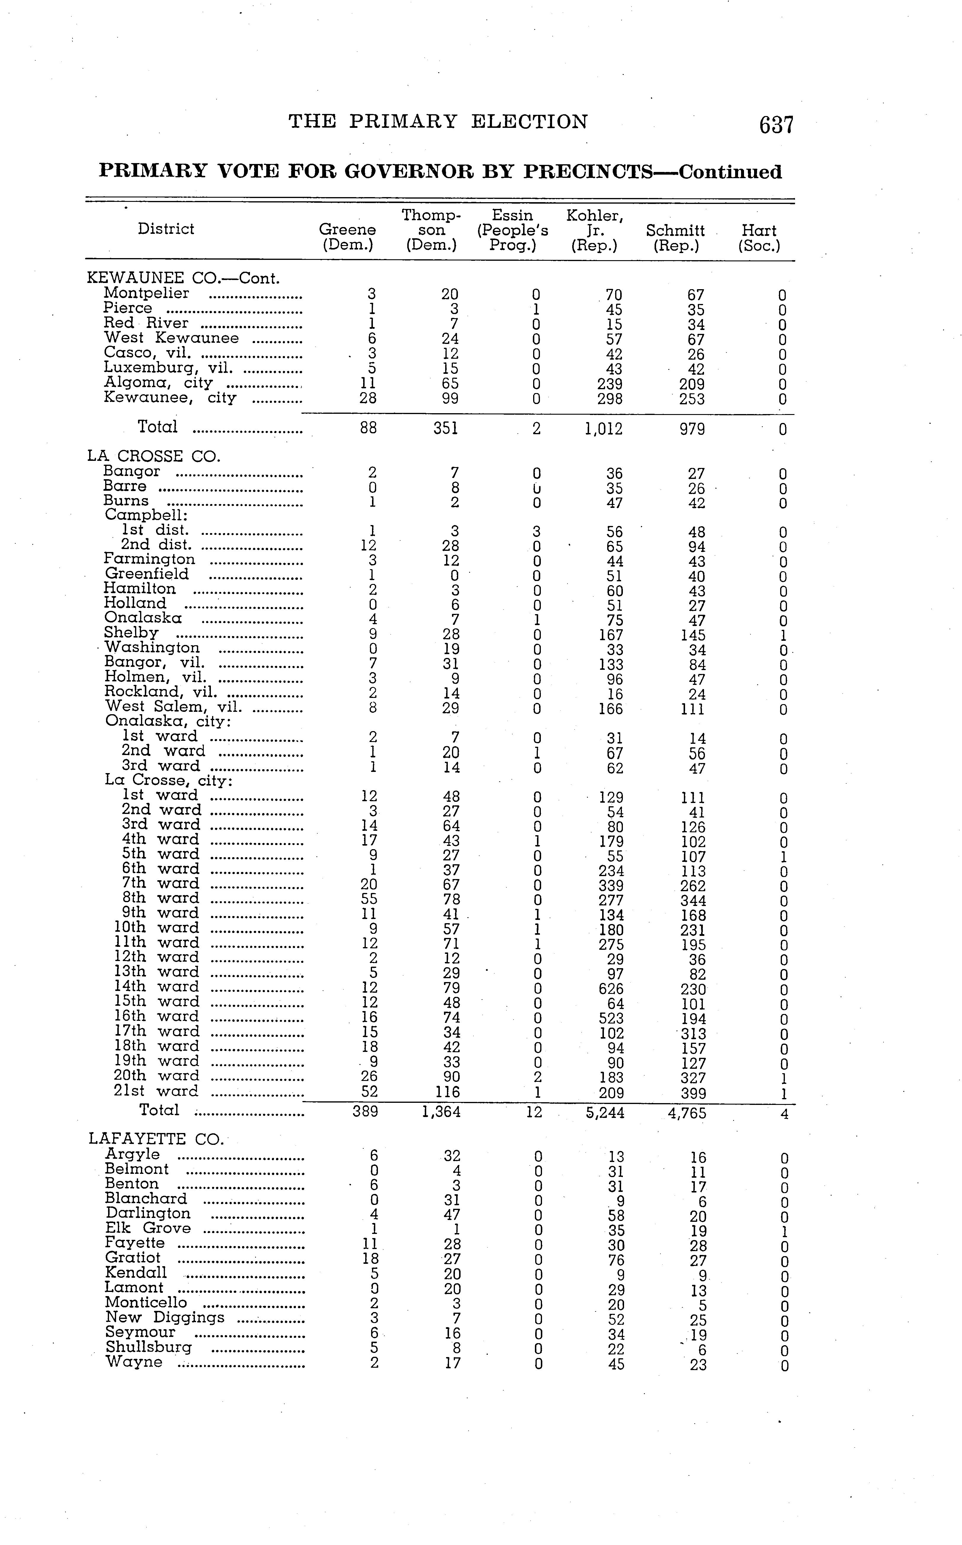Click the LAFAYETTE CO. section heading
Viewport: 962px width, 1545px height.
(156, 1139)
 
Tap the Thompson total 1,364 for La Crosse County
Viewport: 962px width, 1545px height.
(441, 1112)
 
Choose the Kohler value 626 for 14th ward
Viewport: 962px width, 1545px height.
(611, 989)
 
